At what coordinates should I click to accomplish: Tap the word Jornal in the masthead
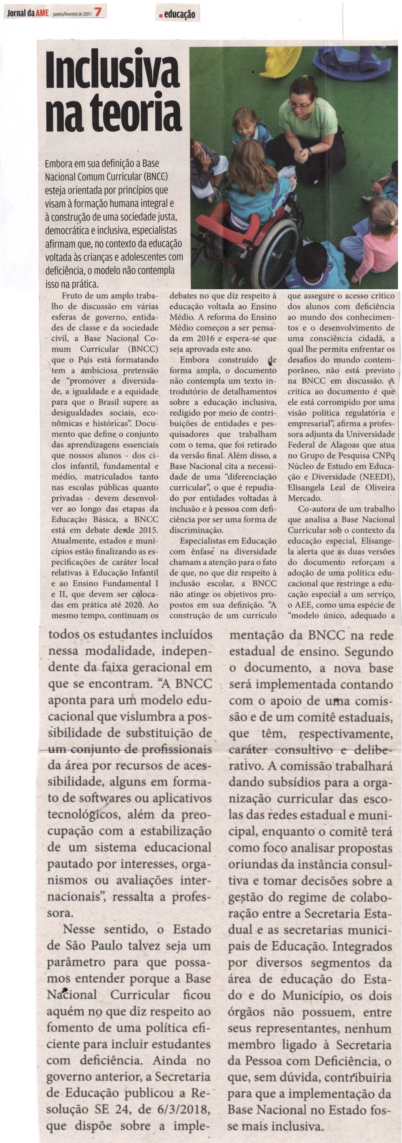pyautogui.click(x=16, y=13)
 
